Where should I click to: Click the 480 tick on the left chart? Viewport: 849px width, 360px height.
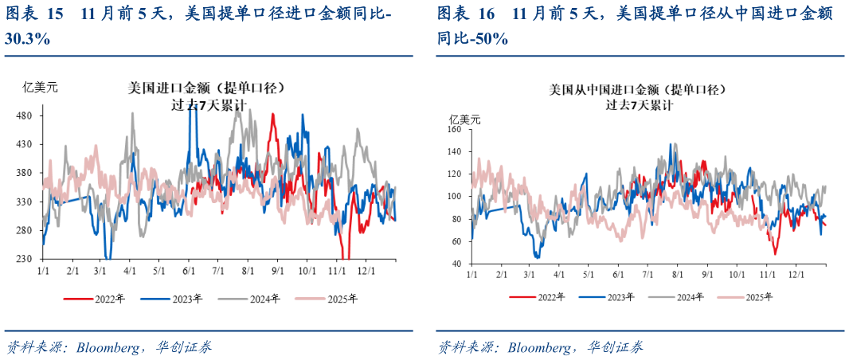(24, 115)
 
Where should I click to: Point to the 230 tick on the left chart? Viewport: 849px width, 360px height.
(24, 259)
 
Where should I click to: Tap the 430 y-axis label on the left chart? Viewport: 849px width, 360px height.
(24, 144)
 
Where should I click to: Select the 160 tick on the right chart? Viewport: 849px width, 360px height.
(455, 129)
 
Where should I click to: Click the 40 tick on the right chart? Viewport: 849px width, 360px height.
(457, 264)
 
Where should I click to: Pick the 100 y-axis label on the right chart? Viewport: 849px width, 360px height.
(455, 196)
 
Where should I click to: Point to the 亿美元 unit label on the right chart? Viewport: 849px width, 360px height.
(465, 119)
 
